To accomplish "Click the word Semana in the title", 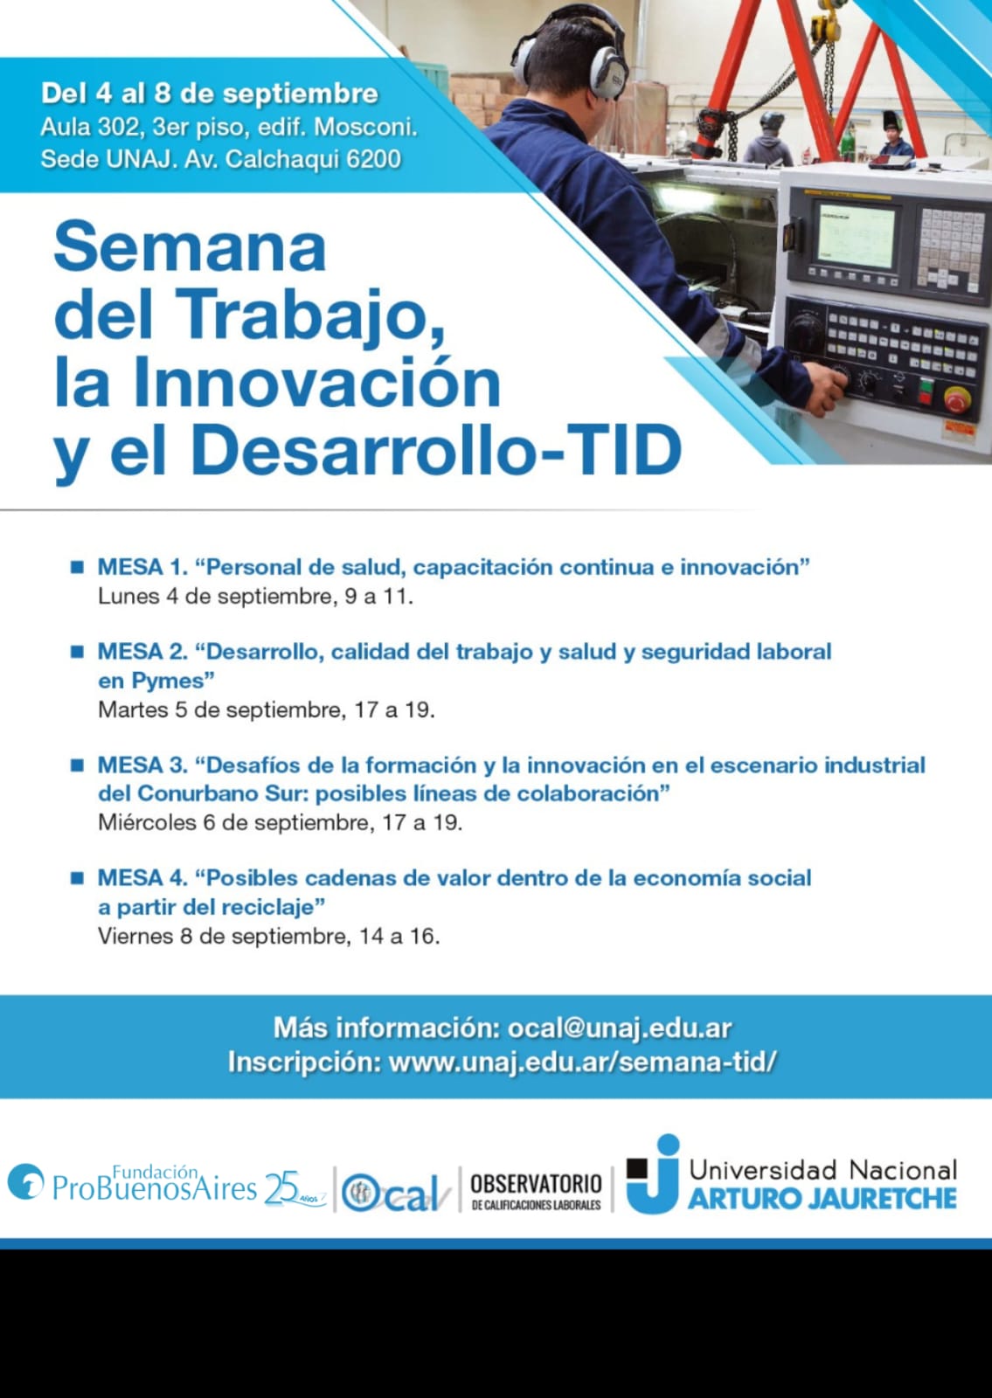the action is tap(190, 247).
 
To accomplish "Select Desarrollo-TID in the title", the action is tap(436, 449).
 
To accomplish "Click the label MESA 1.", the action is tap(142, 567).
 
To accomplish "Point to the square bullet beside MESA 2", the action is tap(78, 652).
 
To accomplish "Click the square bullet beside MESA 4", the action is tap(78, 878).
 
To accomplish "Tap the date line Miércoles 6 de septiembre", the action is tap(235, 822).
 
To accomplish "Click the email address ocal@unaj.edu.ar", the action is tap(620, 1028).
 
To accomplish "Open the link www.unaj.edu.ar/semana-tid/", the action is tap(582, 1062).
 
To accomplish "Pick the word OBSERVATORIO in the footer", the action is tap(536, 1184).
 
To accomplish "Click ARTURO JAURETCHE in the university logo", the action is tap(822, 1198).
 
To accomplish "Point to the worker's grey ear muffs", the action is tap(606, 71).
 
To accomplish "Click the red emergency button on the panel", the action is tap(954, 399).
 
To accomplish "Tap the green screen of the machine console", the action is tap(856, 235).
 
